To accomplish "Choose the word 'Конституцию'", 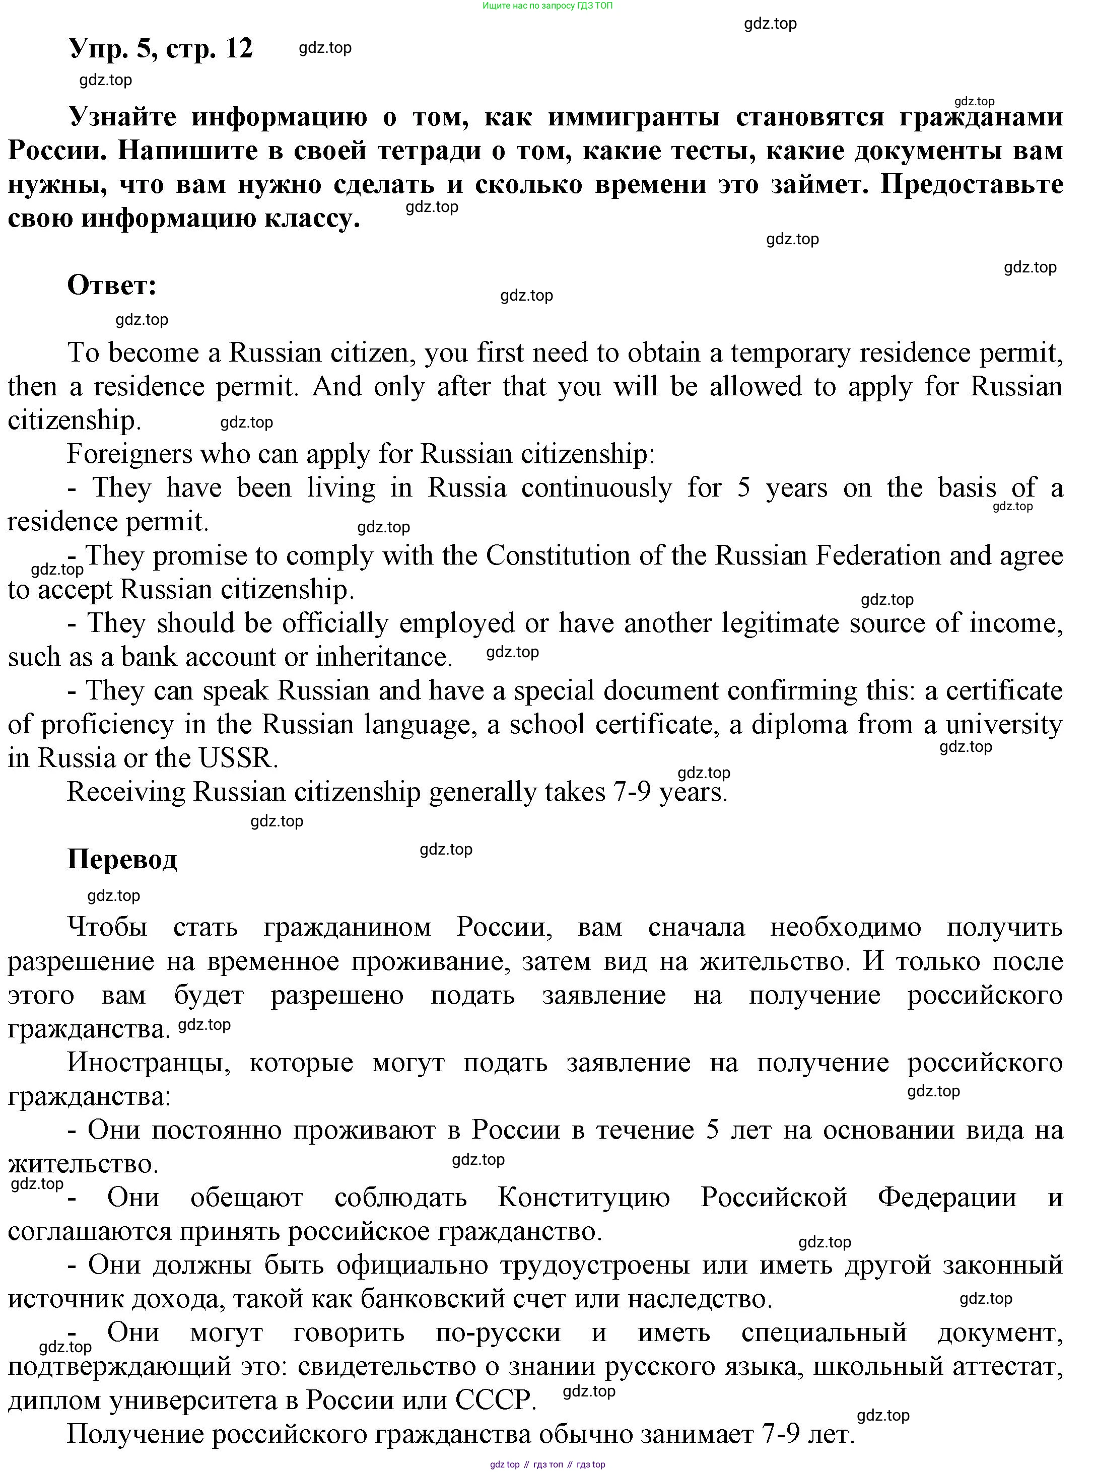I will pos(583,1198).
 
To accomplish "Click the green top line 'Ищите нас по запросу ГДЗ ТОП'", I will pos(547,6).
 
